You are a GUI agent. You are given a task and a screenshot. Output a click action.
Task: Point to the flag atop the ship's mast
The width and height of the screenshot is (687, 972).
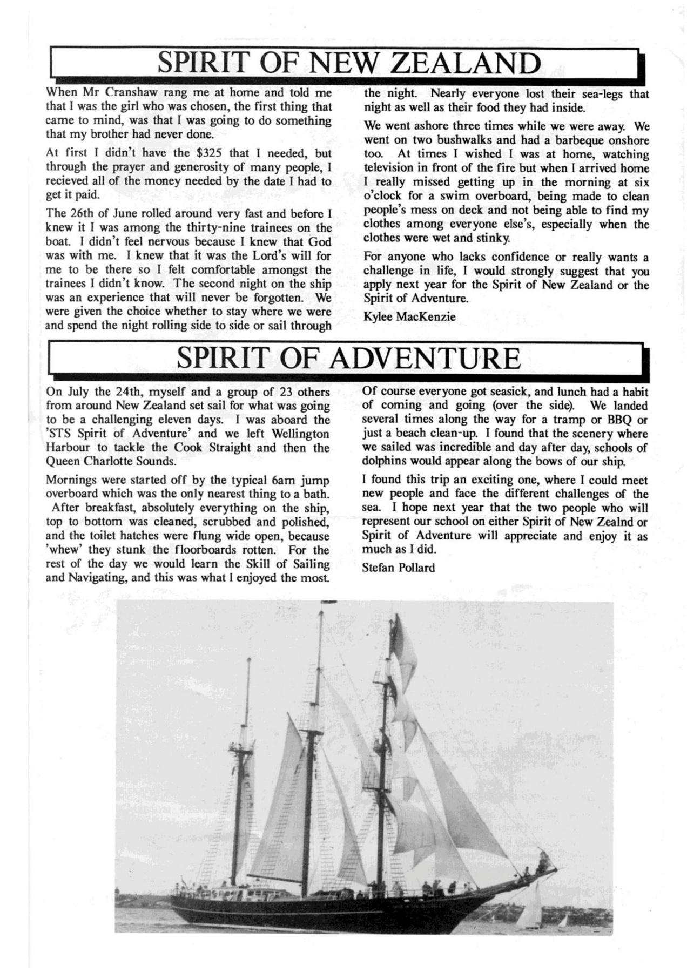click(x=329, y=602)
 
